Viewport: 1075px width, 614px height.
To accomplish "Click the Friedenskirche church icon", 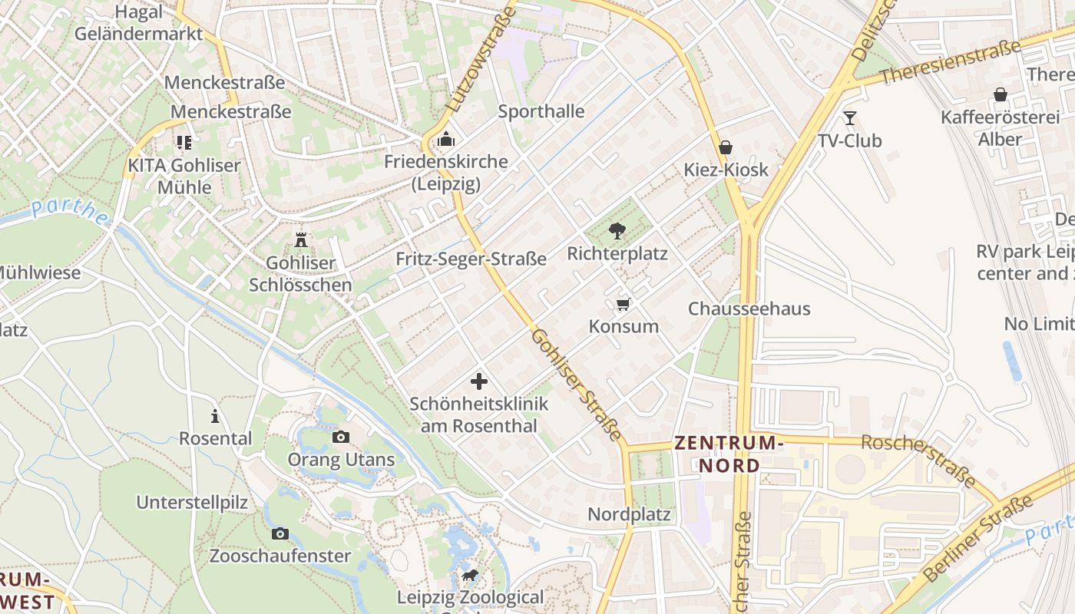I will click(445, 140).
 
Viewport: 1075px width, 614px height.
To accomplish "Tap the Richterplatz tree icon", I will click(617, 230).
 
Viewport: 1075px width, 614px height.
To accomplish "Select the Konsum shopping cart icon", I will click(623, 304).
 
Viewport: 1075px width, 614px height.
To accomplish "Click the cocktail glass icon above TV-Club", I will click(849, 118).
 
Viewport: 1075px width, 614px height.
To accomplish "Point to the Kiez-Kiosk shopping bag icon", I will click(725, 147).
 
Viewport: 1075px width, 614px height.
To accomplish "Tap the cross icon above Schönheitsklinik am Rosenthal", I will click(479, 381).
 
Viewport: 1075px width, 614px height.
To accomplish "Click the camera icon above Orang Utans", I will click(340, 437).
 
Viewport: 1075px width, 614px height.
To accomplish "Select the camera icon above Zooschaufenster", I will click(280, 533).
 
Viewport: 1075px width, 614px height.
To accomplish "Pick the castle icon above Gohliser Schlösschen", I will click(300, 240).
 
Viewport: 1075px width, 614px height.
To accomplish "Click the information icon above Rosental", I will click(215, 417).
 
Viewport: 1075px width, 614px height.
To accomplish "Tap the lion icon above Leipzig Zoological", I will click(469, 576).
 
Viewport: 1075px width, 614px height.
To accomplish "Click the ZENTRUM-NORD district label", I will click(729, 454).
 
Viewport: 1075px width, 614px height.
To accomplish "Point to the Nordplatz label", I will click(629, 514).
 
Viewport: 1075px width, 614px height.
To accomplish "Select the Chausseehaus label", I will click(749, 309).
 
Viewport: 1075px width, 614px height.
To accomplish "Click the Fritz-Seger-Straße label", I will click(471, 259).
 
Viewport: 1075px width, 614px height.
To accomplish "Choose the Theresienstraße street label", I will click(950, 62).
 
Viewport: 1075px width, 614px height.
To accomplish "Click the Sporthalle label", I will click(541, 111).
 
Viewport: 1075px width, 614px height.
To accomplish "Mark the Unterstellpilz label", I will click(192, 503).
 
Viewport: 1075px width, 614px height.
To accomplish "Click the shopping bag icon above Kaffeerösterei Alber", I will click(1000, 94).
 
